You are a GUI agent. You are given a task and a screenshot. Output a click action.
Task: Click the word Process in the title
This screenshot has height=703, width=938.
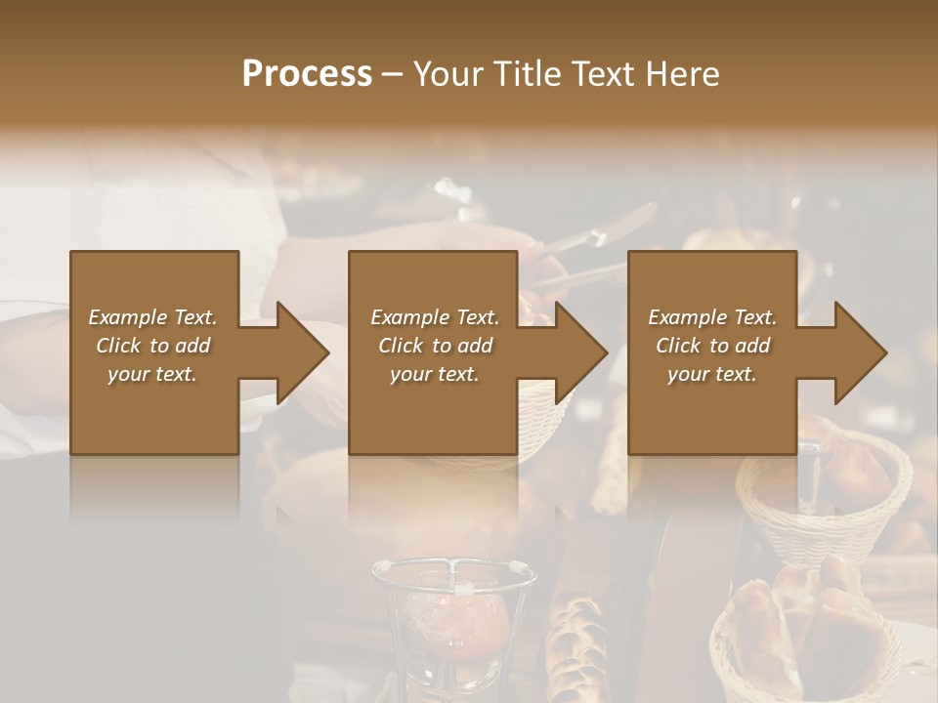click(307, 74)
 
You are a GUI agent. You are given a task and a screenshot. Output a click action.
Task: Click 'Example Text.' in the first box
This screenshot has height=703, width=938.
click(152, 317)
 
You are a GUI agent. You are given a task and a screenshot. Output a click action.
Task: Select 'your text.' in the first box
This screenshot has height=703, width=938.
click(152, 374)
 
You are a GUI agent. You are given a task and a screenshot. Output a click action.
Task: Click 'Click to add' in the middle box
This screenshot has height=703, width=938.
click(435, 346)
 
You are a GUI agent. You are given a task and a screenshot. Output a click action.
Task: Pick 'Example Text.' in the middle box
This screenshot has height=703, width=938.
click(435, 317)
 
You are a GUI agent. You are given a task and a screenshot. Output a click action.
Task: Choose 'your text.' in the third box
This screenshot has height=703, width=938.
click(712, 374)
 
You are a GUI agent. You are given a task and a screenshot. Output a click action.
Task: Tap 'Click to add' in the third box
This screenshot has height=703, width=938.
click(712, 346)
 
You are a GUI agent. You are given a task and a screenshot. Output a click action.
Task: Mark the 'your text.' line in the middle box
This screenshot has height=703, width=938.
click(435, 374)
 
